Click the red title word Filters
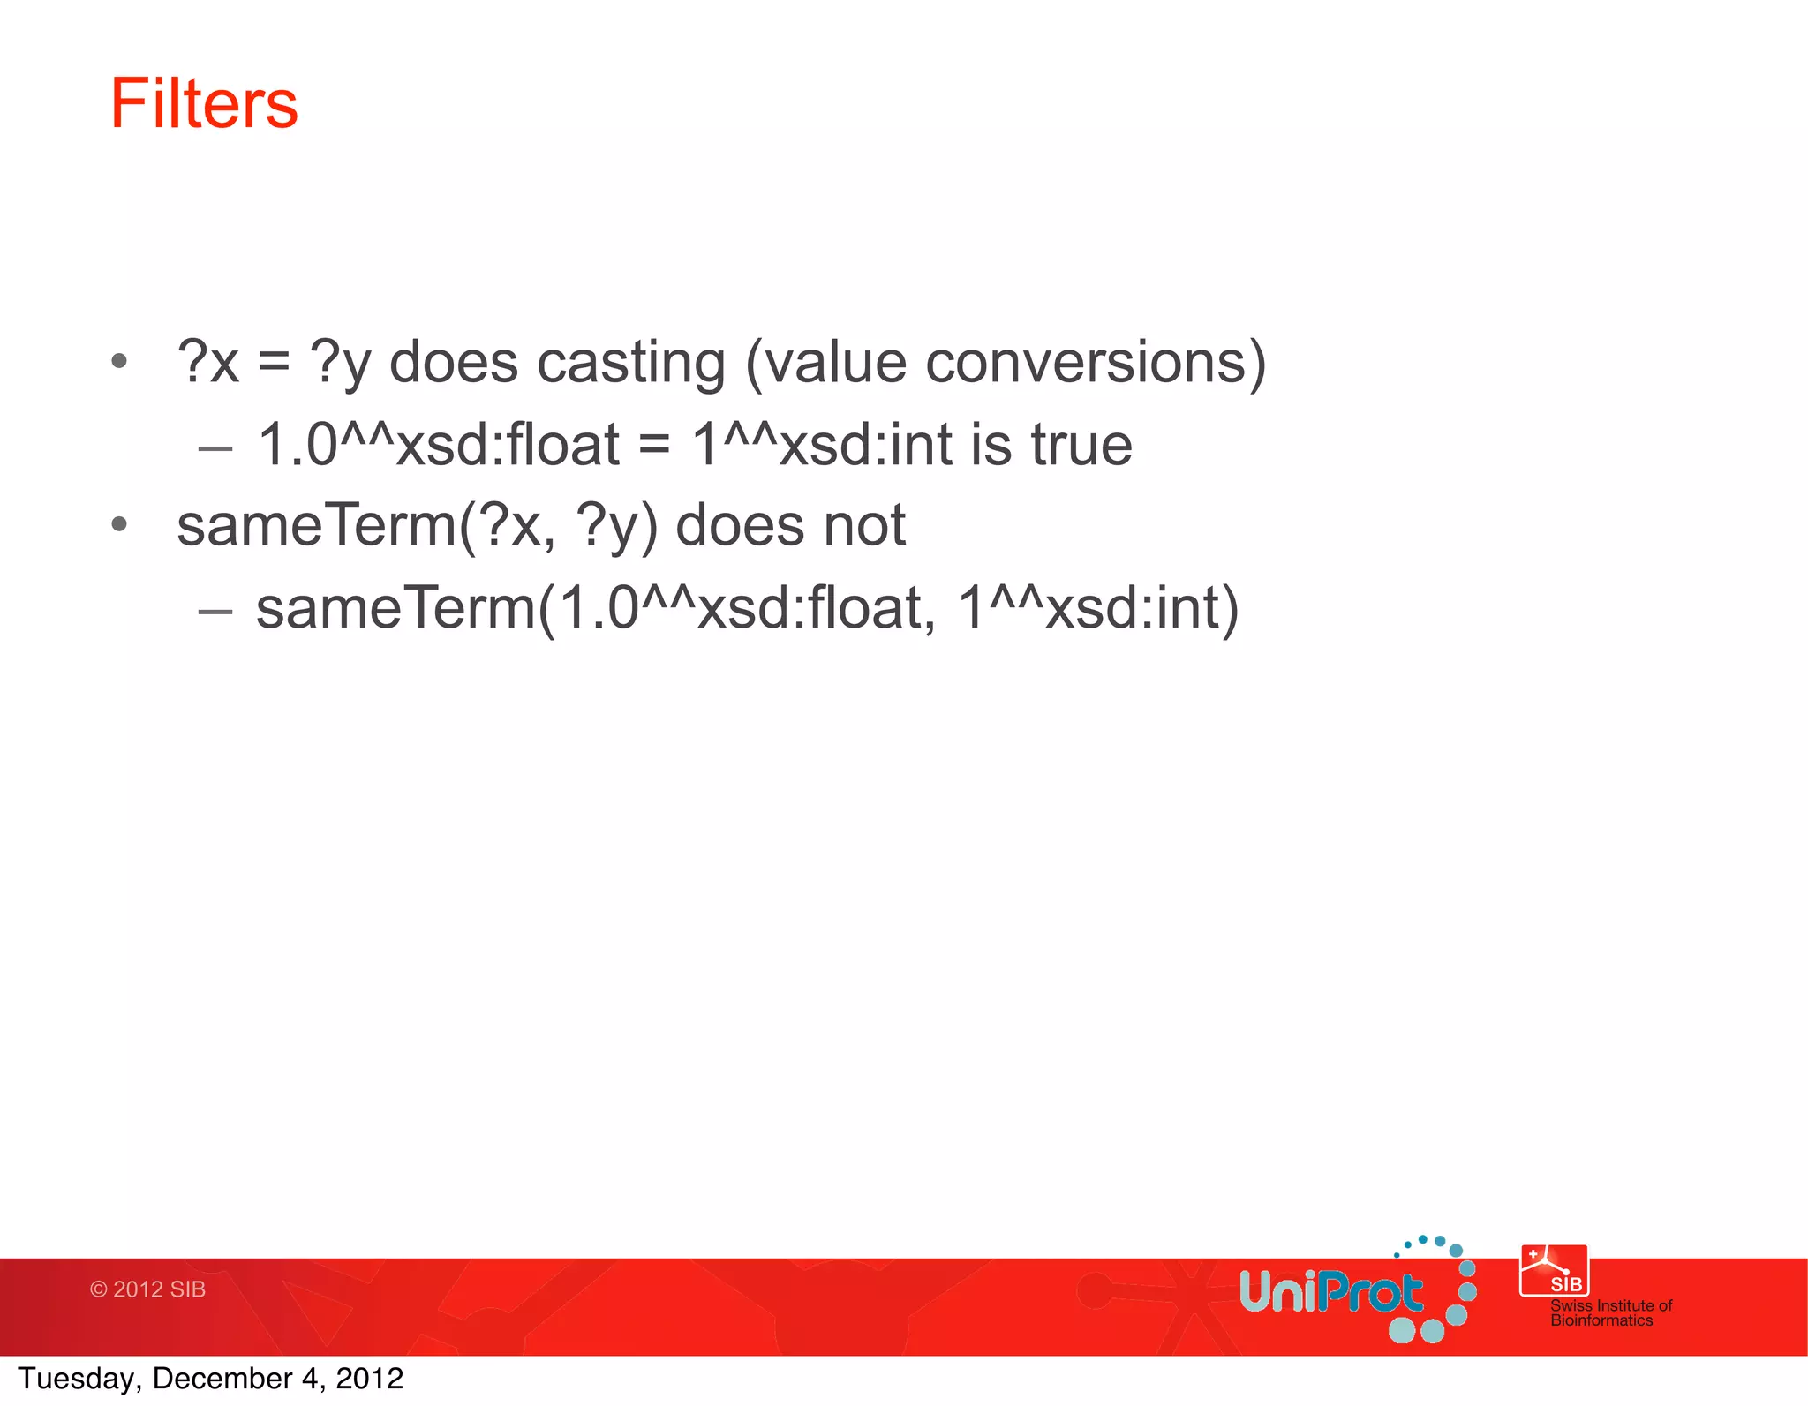tap(204, 104)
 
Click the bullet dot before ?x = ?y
tap(120, 361)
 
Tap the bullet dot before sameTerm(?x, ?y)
tap(120, 525)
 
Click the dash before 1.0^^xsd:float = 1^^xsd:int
tap(215, 448)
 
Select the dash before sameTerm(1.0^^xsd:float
tap(215, 611)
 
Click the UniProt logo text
tap(1330, 1293)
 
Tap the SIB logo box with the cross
tap(1554, 1271)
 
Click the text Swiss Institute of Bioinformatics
tap(1610, 1312)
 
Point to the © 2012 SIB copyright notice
tap(147, 1289)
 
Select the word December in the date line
tap(222, 1379)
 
